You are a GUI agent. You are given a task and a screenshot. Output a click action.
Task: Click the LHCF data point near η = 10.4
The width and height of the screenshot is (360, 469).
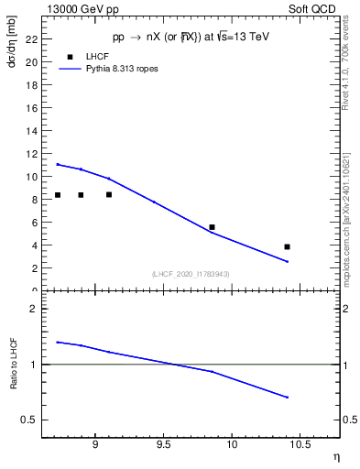pyautogui.click(x=288, y=246)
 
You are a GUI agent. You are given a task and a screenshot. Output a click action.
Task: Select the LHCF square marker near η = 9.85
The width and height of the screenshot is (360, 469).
pyautogui.click(x=212, y=227)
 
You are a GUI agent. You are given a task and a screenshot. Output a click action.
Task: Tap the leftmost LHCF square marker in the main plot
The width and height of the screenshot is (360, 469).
pyautogui.click(x=58, y=194)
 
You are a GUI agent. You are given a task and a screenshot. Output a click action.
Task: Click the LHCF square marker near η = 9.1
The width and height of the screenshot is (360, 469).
pyautogui.click(x=109, y=194)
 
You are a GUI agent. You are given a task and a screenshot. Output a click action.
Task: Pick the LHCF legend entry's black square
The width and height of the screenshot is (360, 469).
pyautogui.click(x=70, y=57)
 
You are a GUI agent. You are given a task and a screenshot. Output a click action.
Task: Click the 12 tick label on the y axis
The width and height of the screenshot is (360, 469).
pyautogui.click(x=33, y=153)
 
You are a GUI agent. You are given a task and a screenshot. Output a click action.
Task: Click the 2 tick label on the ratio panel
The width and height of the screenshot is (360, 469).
pyautogui.click(x=36, y=309)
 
